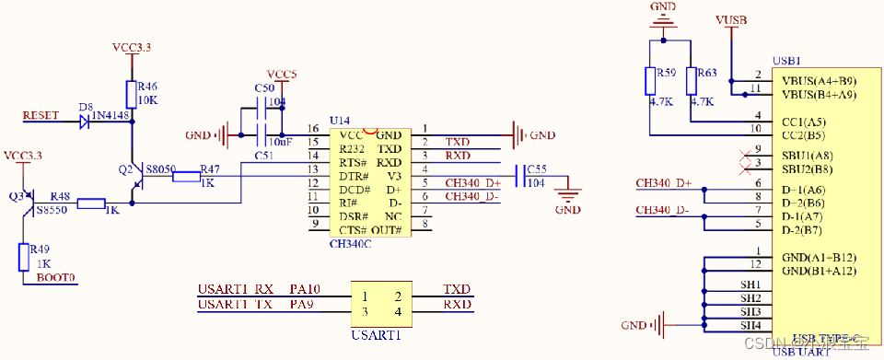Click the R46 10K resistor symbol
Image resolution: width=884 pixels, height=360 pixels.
click(132, 94)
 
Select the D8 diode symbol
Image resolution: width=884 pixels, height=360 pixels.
click(86, 120)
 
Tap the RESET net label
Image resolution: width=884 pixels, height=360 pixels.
click(41, 116)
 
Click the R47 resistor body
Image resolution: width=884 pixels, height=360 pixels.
click(188, 172)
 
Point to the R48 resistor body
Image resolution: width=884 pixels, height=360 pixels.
click(90, 203)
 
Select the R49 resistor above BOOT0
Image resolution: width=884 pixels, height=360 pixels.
click(24, 257)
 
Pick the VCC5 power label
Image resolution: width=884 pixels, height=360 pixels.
click(282, 74)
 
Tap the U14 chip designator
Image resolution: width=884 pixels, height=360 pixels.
click(341, 121)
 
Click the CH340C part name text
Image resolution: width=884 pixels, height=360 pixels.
click(350, 245)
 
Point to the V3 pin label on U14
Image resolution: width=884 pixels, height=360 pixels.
click(393, 176)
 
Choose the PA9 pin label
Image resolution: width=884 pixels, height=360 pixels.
click(300, 304)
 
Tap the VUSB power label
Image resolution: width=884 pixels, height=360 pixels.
click(731, 18)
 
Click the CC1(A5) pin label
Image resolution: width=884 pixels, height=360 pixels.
click(803, 121)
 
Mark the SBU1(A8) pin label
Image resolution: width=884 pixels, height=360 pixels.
click(807, 154)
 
